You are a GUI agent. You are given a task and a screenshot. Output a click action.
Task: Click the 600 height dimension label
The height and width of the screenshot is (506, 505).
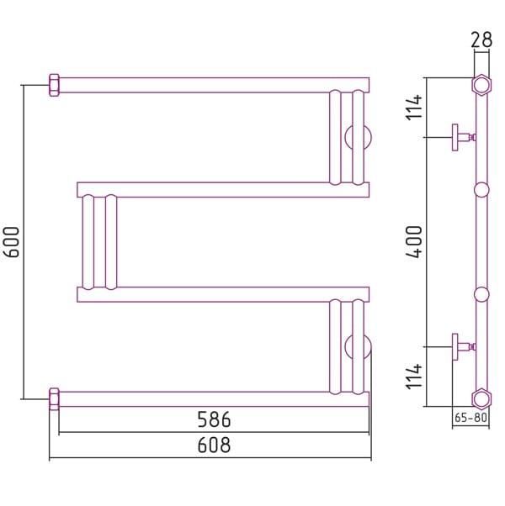pyautogui.click(x=12, y=242)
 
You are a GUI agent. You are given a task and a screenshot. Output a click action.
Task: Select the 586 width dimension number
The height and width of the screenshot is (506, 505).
pyautogui.click(x=214, y=419)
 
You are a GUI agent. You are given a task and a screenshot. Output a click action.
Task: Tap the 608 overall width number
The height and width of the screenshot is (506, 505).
pyautogui.click(x=214, y=445)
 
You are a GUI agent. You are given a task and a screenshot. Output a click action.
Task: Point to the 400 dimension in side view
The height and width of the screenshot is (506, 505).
pyautogui.click(x=414, y=242)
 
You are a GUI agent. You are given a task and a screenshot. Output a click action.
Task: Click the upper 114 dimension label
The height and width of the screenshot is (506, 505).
pyautogui.click(x=414, y=107)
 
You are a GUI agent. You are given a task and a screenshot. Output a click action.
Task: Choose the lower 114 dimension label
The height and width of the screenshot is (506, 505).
pyautogui.click(x=414, y=377)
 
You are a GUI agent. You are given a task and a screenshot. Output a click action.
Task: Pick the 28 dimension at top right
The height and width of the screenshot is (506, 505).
pyautogui.click(x=481, y=40)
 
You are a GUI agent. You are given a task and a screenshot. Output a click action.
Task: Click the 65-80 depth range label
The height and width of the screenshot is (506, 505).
pyautogui.click(x=470, y=418)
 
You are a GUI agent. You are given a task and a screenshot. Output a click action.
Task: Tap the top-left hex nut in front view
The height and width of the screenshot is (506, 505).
pyautogui.click(x=54, y=85)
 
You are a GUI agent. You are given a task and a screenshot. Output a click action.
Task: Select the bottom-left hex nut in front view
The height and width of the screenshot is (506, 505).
pyautogui.click(x=54, y=399)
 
